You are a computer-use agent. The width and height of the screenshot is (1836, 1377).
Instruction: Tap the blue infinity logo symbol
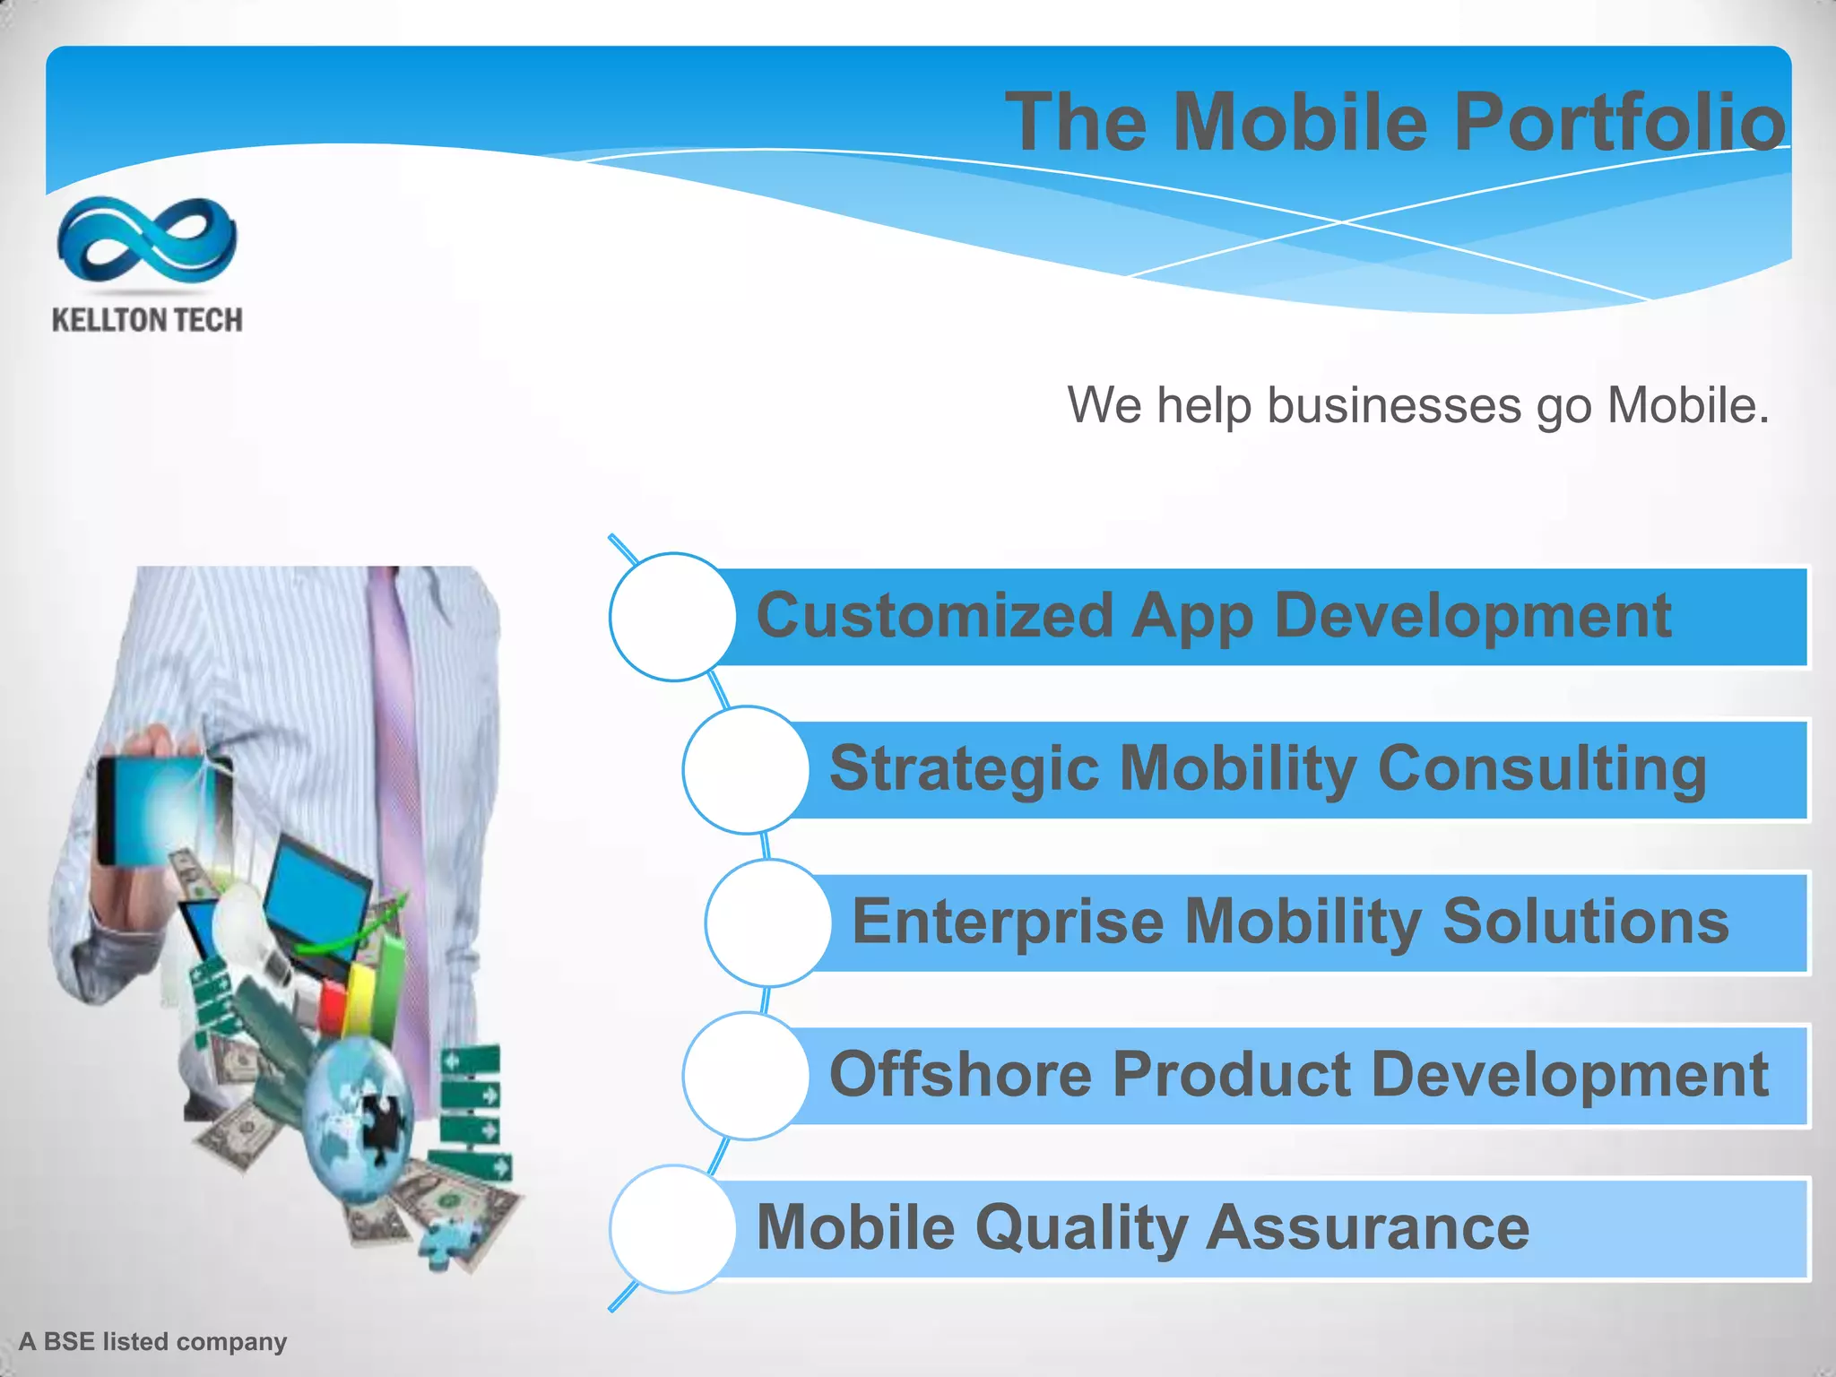(146, 239)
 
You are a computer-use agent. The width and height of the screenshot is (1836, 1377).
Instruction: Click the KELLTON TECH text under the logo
(147, 320)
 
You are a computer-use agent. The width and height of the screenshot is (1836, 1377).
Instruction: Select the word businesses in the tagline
(1393, 405)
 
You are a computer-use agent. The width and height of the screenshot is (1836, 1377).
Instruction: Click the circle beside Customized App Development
(672, 617)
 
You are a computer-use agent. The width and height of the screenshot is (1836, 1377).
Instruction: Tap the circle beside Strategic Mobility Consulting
(746, 770)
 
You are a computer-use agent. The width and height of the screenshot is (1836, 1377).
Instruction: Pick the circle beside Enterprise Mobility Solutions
(768, 922)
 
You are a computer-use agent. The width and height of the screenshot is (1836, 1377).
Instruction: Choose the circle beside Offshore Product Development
(746, 1076)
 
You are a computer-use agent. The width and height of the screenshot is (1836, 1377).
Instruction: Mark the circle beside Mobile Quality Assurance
(672, 1228)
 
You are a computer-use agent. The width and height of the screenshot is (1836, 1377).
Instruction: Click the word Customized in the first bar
(934, 617)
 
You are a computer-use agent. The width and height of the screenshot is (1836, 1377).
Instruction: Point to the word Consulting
(1542, 770)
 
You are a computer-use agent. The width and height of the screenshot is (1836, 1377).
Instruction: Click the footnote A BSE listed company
(153, 1341)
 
